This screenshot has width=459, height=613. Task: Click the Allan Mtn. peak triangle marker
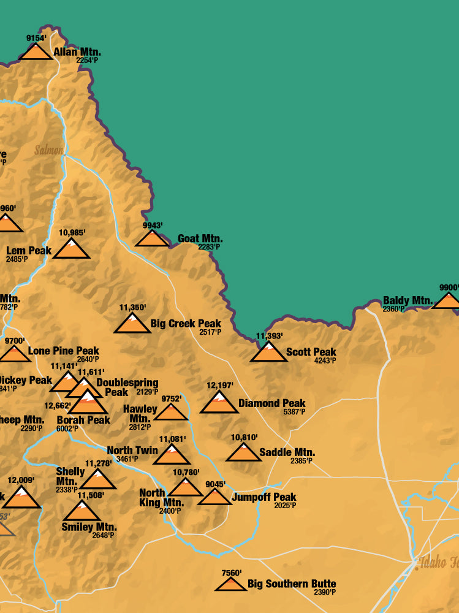[36, 52]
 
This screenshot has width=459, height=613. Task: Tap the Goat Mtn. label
[200, 238]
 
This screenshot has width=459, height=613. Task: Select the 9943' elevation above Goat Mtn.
[153, 226]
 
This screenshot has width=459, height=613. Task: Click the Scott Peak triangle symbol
[268, 353]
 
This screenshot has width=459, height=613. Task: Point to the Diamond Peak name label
[271, 403]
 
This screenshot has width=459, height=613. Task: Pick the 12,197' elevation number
[219, 386]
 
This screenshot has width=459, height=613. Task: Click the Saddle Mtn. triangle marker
[243, 453]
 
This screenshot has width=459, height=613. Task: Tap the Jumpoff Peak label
[264, 497]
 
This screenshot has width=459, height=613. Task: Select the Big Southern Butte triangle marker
[231, 585]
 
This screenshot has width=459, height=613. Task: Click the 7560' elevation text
[231, 573]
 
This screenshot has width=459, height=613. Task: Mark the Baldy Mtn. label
[408, 300]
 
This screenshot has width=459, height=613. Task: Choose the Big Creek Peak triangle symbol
[132, 324]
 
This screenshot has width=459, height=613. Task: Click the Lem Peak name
[29, 250]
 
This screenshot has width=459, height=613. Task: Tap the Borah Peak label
[83, 420]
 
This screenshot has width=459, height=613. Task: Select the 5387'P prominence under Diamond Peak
[294, 413]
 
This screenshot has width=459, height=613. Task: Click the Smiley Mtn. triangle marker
[82, 511]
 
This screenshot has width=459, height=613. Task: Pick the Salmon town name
[49, 150]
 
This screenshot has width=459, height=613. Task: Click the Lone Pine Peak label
[63, 351]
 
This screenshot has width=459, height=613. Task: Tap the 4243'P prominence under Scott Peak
[325, 361]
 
